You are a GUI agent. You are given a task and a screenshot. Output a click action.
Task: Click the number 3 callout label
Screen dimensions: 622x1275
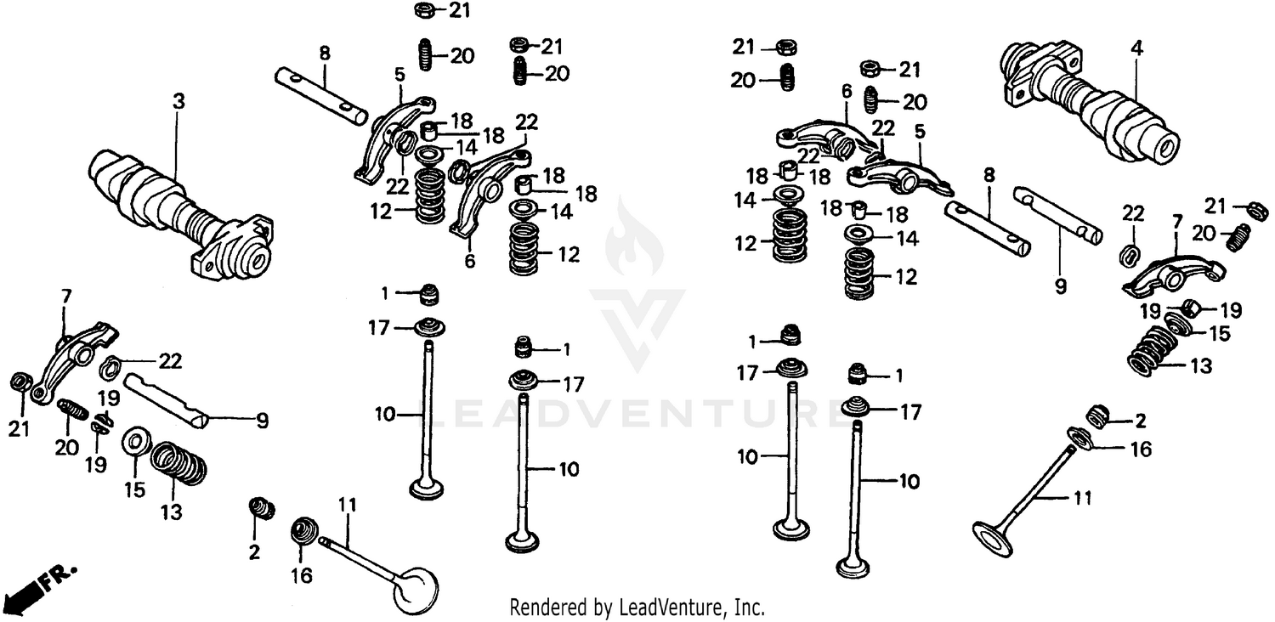(x=178, y=101)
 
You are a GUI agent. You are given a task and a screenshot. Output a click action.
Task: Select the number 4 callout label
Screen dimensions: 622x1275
(x=1136, y=50)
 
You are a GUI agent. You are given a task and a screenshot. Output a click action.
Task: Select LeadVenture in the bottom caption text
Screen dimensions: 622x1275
(x=671, y=608)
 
